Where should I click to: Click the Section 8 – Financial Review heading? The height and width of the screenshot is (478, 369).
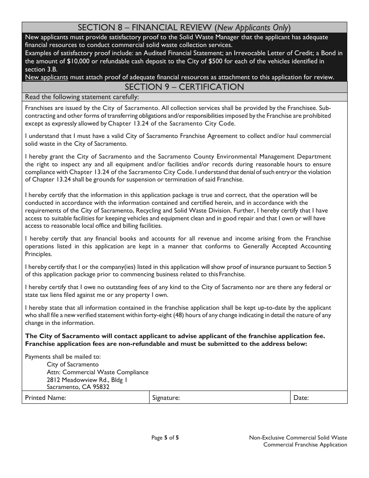pos(184,28)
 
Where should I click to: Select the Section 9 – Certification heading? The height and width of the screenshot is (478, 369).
pos(184,87)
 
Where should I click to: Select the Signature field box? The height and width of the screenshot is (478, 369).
pos(233,398)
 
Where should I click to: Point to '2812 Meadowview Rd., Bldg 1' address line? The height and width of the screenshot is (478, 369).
pos(87,380)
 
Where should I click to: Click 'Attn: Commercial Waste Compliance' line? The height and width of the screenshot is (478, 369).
pos(97,372)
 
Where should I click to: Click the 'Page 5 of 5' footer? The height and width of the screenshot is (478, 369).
pos(165,438)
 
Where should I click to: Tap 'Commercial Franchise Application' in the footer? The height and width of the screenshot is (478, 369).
pos(305,445)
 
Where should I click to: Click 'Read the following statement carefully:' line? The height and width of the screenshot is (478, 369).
pos(82,97)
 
